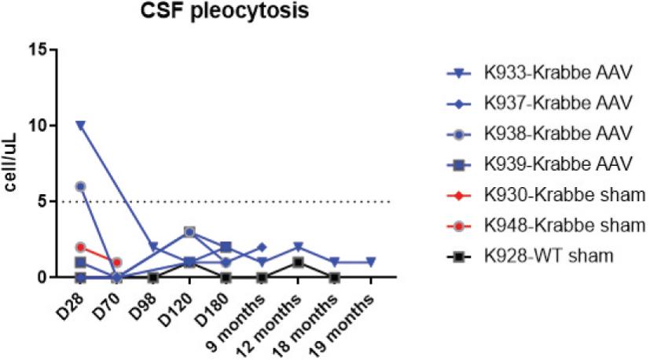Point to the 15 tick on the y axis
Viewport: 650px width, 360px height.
click(41, 50)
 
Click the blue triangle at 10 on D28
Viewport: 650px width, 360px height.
click(80, 126)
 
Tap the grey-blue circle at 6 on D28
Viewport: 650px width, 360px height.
click(80, 186)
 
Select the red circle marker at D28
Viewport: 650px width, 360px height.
click(80, 247)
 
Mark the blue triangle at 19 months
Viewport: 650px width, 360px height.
click(371, 262)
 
